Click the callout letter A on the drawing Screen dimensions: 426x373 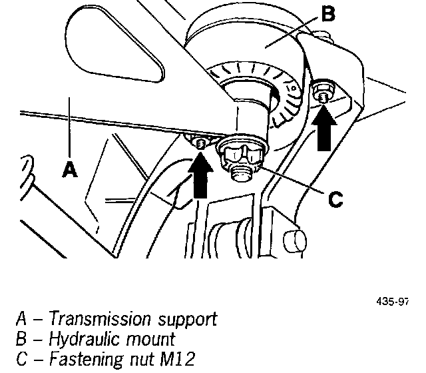tap(70, 169)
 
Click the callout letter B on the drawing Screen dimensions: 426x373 tap(328, 13)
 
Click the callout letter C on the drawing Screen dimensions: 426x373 tap(335, 199)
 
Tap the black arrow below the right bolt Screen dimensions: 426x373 tap(324, 128)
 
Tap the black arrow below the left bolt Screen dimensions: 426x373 tap(200, 175)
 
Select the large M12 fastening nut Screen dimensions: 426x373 tap(242, 155)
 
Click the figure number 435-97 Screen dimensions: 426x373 tap(393, 302)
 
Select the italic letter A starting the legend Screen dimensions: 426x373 tap(22, 318)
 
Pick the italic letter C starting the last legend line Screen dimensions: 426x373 tap(22, 359)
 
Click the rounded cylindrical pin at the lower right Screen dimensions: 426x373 tap(295, 240)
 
